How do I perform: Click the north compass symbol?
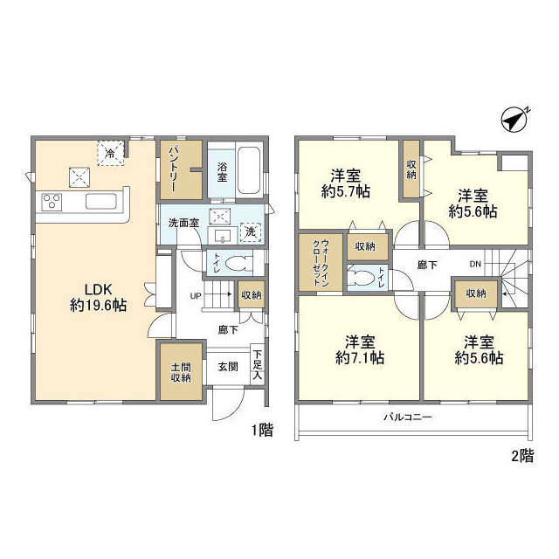(x=514, y=120)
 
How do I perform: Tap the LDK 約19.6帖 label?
(x=98, y=297)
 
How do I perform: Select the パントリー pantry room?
(x=181, y=169)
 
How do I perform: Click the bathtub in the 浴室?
(x=249, y=170)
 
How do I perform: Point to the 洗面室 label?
(x=183, y=224)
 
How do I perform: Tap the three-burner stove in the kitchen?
(x=52, y=202)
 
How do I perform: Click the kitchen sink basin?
(x=101, y=202)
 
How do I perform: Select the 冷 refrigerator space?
(x=111, y=154)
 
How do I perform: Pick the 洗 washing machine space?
(x=251, y=232)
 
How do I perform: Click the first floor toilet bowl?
(x=236, y=263)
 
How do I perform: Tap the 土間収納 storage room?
(x=181, y=371)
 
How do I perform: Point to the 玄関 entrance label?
(x=228, y=367)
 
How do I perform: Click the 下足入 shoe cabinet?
(x=258, y=364)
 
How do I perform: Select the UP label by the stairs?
(x=196, y=295)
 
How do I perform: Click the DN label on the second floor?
(x=475, y=264)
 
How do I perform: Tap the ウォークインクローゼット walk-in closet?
(x=321, y=262)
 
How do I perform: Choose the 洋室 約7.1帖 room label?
(x=360, y=349)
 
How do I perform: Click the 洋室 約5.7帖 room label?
(x=346, y=183)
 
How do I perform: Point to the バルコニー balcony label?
(x=408, y=417)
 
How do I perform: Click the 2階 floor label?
(x=522, y=456)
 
